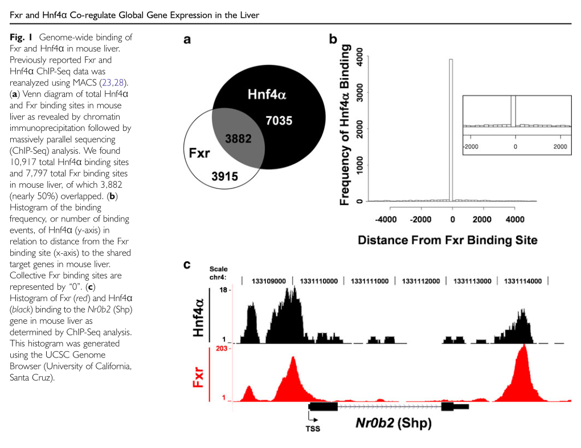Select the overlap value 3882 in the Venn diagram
click(x=238, y=139)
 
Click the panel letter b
click(x=333, y=39)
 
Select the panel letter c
click(x=186, y=265)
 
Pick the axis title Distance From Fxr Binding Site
click(x=447, y=240)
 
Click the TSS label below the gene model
click(x=312, y=429)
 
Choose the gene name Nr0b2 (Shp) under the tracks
click(x=393, y=422)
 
